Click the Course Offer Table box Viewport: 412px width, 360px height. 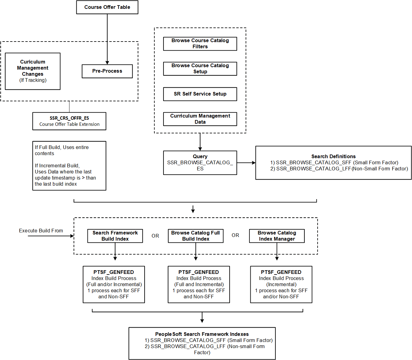coord(107,7)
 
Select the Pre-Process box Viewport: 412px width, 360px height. coord(107,71)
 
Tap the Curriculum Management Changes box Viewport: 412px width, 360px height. coord(32,71)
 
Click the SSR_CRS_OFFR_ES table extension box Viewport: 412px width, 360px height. coord(69,121)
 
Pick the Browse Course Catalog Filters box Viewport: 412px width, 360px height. coord(200,43)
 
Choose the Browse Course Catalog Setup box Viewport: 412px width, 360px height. coord(200,68)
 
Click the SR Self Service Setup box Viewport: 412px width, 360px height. coord(200,94)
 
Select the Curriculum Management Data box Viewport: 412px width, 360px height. coord(200,119)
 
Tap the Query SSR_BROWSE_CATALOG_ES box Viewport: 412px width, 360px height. coord(200,162)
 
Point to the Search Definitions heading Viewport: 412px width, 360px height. coord(333,156)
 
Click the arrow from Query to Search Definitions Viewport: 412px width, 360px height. coord(246,163)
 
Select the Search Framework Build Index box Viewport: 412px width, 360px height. coord(115,236)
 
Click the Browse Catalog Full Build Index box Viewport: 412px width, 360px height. coord(196,236)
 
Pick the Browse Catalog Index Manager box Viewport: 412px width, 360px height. coord(277,236)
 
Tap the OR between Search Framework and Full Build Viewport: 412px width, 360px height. coord(155,236)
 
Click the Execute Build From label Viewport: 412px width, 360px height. coord(41,231)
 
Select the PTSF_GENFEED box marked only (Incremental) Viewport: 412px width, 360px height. coord(281,284)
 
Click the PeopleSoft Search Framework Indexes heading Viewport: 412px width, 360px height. coord(202,334)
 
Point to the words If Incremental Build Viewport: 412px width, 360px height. coord(57,165)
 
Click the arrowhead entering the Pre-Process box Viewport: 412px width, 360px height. coord(107,62)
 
